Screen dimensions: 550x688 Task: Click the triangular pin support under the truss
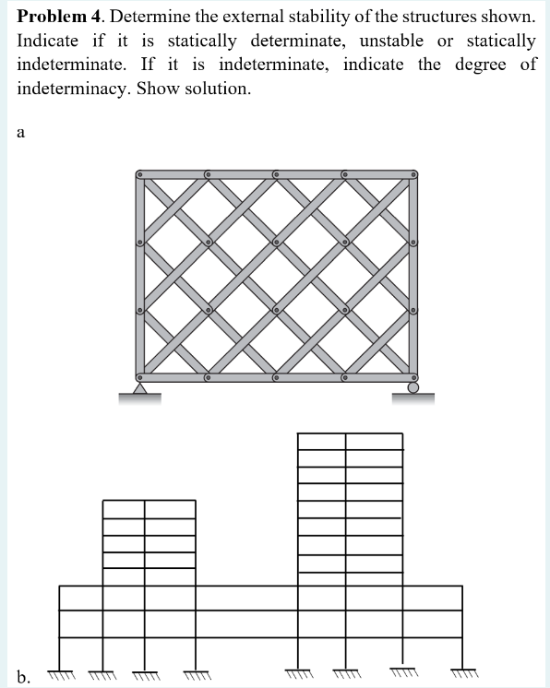point(139,390)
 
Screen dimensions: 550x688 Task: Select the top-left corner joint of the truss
point(140,172)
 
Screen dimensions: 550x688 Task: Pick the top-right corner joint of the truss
point(413,172)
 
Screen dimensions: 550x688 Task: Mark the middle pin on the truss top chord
point(277,172)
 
